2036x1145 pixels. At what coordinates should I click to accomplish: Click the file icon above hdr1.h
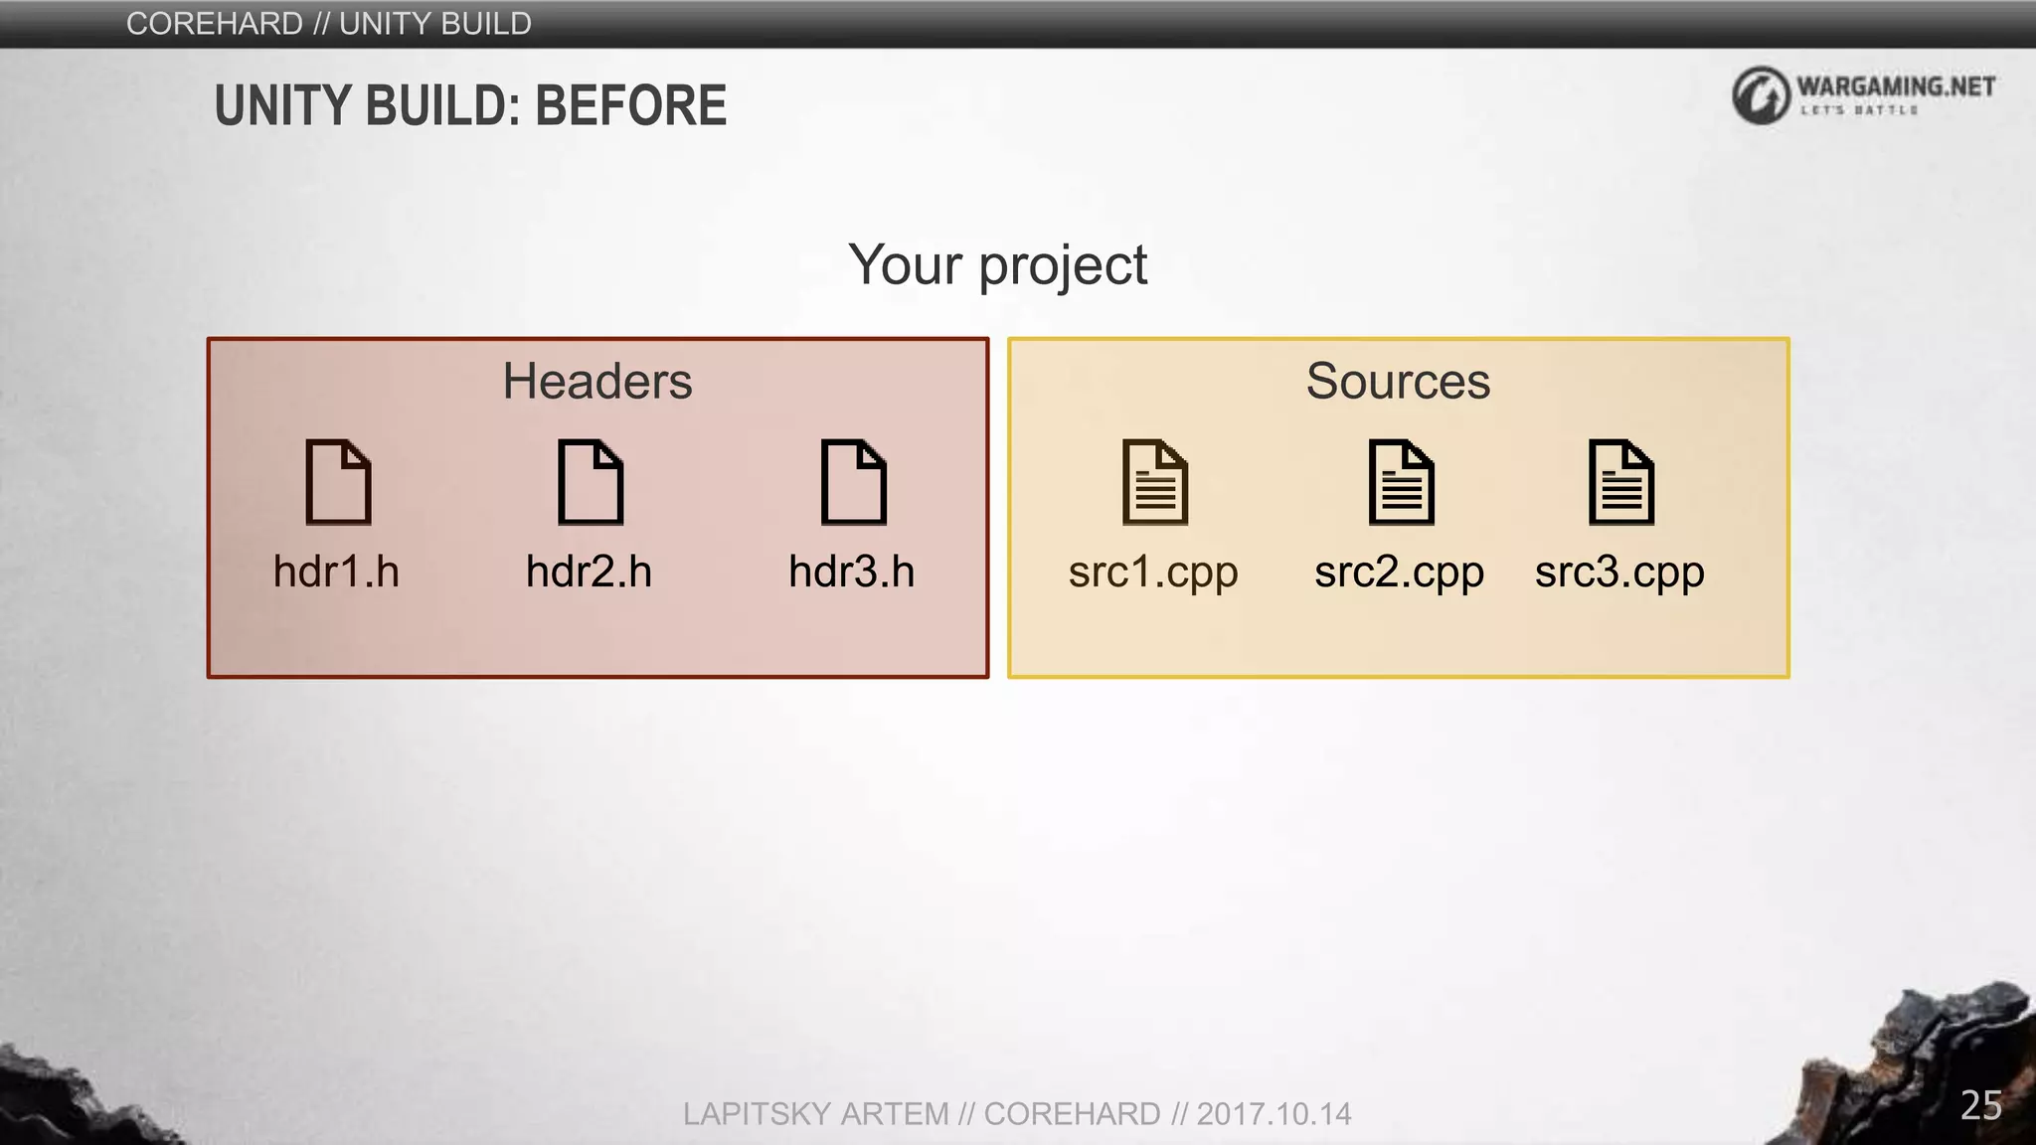click(x=338, y=482)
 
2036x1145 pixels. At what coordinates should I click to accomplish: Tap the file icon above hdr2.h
click(x=591, y=482)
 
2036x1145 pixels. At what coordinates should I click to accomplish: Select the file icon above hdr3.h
click(x=853, y=482)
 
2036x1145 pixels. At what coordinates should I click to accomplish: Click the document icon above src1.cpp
click(x=1155, y=482)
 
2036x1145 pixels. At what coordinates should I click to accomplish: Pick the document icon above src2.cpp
click(x=1401, y=482)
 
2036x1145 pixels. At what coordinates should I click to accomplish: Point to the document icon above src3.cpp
click(x=1621, y=482)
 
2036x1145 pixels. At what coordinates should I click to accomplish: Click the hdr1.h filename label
click(x=336, y=572)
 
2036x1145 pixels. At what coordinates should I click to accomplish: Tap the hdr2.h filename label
click(x=589, y=572)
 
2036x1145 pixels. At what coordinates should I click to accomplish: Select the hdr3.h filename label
click(x=851, y=572)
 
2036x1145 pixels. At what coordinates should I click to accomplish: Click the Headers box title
click(x=597, y=382)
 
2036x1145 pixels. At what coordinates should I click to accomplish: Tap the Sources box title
click(x=1398, y=382)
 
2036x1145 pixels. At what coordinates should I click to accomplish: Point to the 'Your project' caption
click(x=998, y=265)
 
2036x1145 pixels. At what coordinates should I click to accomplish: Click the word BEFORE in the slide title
click(x=631, y=106)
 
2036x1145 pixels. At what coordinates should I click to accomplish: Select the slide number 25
click(x=1980, y=1105)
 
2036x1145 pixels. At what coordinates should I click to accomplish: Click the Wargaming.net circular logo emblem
click(x=1761, y=95)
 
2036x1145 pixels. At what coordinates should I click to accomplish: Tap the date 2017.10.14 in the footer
click(x=1273, y=1114)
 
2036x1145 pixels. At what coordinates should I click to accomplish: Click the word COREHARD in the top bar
click(x=215, y=24)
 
